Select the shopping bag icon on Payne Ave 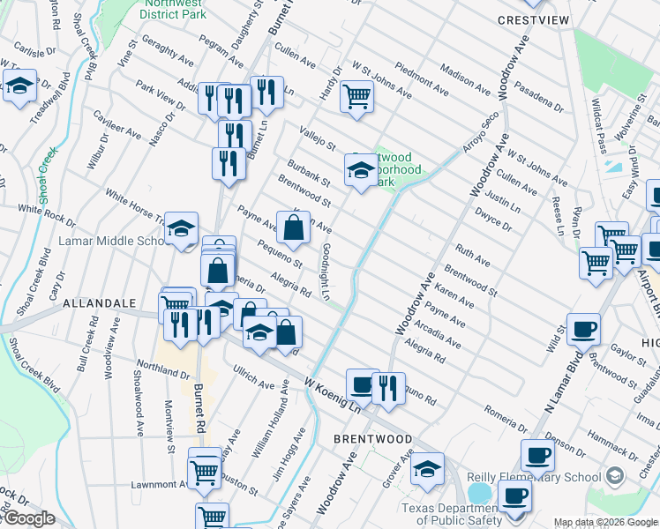(294, 227)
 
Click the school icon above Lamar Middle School (181, 229)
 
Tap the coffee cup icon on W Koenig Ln (362, 384)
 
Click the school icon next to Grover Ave (428, 468)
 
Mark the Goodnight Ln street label (326, 272)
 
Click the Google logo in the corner (28, 518)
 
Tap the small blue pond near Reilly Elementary (479, 492)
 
